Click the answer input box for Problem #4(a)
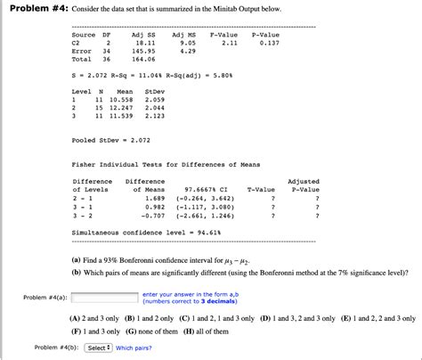coord(102,297)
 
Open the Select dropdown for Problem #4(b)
coord(98,348)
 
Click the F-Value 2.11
coord(229,42)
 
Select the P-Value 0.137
coord(270,42)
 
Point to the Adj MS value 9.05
coord(187,42)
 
